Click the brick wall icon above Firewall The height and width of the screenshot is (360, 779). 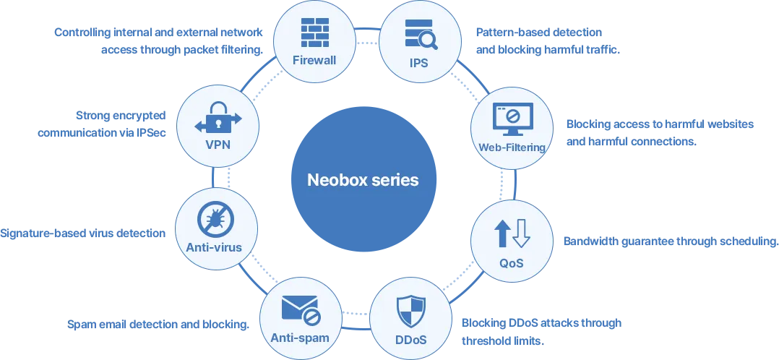pyautogui.click(x=315, y=33)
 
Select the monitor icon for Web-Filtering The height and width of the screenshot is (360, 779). pyautogui.click(x=512, y=119)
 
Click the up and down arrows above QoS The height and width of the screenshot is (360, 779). pyautogui.click(x=512, y=233)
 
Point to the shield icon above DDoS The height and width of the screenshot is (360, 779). pyautogui.click(x=411, y=312)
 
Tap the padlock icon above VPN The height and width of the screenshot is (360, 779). pyautogui.click(x=218, y=118)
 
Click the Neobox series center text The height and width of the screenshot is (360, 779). pyautogui.click(x=363, y=179)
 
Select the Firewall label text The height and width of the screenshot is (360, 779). pyautogui.click(x=314, y=61)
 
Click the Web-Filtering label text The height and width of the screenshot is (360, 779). pyautogui.click(x=512, y=147)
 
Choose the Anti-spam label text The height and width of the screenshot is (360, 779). pyautogui.click(x=300, y=338)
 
